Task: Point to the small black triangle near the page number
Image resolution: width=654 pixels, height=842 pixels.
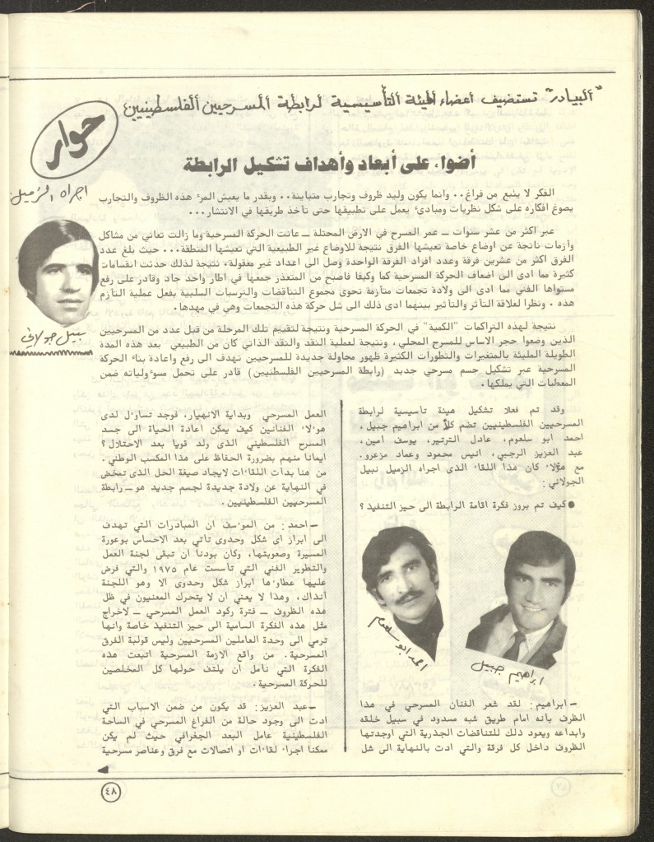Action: pos(102,771)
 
